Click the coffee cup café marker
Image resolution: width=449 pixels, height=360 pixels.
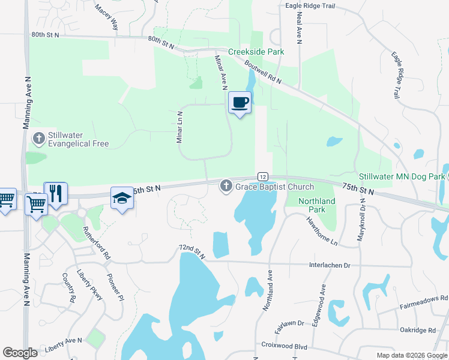point(240,102)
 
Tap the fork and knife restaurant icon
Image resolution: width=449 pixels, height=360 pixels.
point(56,193)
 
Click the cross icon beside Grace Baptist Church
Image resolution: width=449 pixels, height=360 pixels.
point(226,187)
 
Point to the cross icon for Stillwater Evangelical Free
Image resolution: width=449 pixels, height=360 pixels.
point(38,139)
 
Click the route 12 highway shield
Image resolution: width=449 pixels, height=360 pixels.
point(263,176)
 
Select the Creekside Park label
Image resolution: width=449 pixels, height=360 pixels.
point(256,52)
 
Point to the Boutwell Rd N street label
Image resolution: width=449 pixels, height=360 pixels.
point(263,74)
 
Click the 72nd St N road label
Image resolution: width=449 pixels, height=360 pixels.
point(191,252)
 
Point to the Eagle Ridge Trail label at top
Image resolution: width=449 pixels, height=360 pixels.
point(310,6)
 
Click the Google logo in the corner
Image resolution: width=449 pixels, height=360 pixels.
point(20,353)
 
